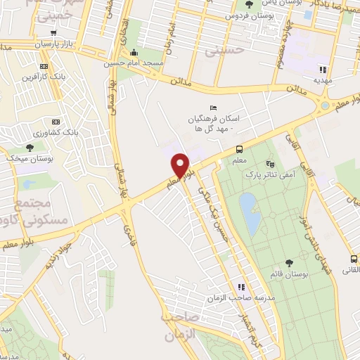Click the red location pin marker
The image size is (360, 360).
[x=181, y=166]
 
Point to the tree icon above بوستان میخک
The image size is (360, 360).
[x=30, y=147]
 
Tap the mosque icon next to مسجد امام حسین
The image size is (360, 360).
[x=135, y=52]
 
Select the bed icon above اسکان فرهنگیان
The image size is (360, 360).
[x=214, y=107]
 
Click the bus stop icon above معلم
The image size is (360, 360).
[x=240, y=148]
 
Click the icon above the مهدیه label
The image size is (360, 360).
[x=323, y=70]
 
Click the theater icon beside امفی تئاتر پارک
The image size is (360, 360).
[x=288, y=161]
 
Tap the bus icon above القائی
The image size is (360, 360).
[x=354, y=259]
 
